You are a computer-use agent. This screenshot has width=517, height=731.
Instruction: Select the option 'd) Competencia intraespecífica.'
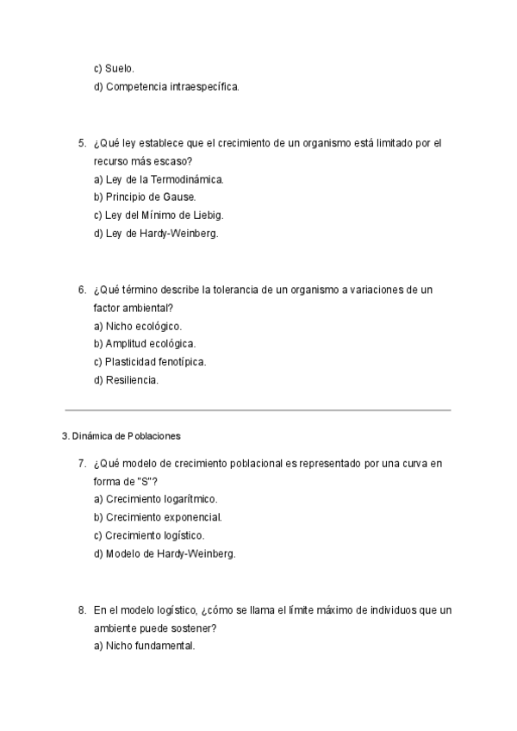point(166,86)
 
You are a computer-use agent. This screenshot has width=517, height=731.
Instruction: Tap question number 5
point(82,143)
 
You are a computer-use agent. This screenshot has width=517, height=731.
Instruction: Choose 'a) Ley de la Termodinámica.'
point(159,179)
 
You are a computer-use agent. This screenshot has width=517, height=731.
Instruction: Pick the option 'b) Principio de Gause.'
point(145,197)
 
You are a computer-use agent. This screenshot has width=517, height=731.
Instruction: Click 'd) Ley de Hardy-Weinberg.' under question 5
point(156,234)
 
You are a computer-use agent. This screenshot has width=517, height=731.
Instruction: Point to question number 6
point(82,290)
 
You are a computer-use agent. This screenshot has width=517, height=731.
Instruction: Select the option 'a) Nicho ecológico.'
point(138,326)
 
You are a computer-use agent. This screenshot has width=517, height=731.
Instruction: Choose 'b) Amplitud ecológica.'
point(144,344)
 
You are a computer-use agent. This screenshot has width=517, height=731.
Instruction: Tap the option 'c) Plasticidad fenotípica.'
point(150,362)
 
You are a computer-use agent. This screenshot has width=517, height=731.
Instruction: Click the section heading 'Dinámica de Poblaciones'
point(127,435)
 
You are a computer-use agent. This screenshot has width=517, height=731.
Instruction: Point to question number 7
point(82,463)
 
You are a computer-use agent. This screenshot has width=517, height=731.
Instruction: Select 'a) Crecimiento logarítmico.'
point(155,499)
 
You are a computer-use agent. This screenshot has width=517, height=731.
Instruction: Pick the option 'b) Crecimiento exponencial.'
point(158,517)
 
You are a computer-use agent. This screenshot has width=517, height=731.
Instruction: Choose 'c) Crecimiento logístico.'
point(149,535)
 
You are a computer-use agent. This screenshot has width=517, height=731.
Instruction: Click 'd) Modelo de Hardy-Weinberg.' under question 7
point(165,553)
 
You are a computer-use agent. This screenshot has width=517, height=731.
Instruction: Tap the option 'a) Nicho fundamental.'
point(144,646)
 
